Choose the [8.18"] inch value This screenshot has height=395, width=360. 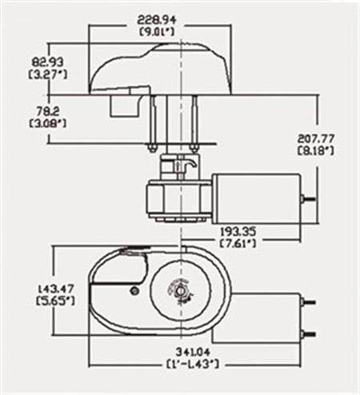[314, 151]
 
